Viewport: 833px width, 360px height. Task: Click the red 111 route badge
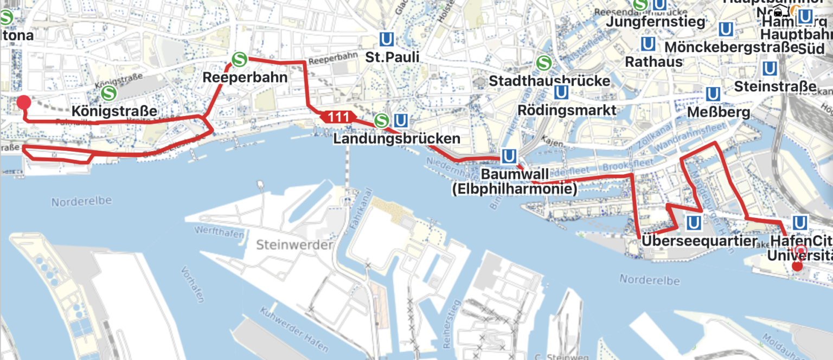pos(338,117)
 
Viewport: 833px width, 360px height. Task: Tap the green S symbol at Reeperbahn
pos(239,59)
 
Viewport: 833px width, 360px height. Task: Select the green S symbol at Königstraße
pos(108,93)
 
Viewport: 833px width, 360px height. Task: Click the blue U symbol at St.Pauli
pos(386,40)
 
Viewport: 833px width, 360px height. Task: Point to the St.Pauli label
pos(392,57)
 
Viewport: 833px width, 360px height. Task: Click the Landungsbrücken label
pos(396,139)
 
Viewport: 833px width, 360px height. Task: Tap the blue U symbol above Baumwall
pos(509,157)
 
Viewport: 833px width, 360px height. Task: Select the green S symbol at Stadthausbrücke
pos(543,63)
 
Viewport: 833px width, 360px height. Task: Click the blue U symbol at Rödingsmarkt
pos(562,93)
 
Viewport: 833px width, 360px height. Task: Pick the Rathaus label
pos(653,62)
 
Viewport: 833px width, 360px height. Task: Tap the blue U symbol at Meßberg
pos(713,94)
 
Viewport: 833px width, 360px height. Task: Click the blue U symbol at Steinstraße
pos(769,68)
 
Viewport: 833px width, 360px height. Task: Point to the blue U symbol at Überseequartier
pos(694,222)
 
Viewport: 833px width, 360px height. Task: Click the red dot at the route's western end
pos(23,102)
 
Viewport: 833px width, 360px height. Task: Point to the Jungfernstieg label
pos(655,22)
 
